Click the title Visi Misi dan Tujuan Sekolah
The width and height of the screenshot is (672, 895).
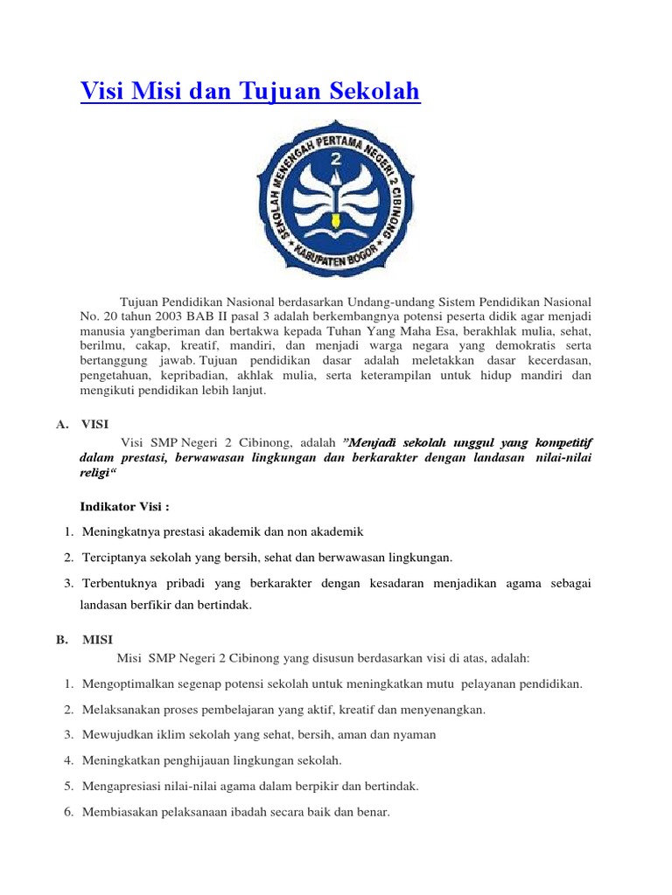250,91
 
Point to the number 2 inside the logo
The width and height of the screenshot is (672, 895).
335,161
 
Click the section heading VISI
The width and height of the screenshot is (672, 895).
94,424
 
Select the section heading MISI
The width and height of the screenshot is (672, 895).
97,640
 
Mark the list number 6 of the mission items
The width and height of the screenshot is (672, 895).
68,812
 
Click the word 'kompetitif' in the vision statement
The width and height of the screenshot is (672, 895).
563,441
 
